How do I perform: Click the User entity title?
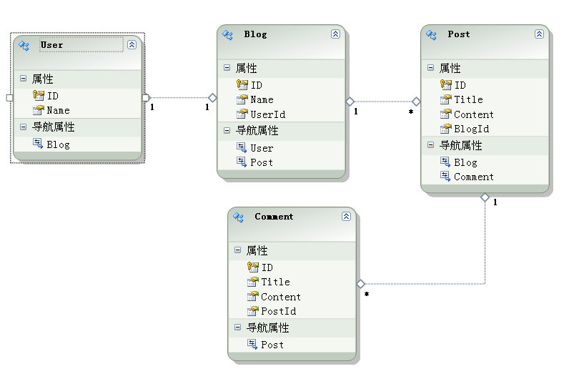51,45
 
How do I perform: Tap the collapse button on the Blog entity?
335,34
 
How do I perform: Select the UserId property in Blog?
267,114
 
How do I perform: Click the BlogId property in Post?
471,129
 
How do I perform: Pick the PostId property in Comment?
278,311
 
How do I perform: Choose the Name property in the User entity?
58,110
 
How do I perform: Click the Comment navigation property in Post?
473,177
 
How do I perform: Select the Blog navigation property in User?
58,144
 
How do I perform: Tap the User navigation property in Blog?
262,148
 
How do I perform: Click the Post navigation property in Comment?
272,345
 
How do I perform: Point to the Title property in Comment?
275,282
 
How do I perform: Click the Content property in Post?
473,114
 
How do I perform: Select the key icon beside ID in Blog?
242,84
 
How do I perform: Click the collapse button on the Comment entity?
346,216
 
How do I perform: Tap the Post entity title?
459,34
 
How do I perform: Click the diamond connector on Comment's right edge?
360,284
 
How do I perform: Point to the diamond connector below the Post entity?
485,197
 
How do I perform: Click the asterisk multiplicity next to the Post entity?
410,112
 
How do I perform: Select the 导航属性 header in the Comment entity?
267,328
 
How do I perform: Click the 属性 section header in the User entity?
42,79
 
